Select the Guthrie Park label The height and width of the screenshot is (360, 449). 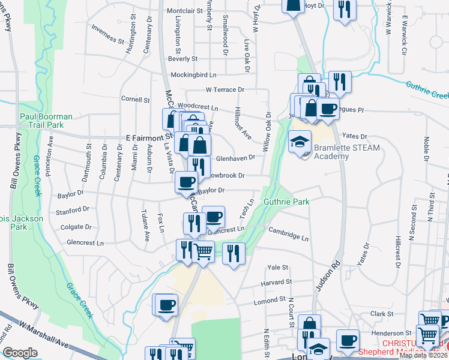pos(286,202)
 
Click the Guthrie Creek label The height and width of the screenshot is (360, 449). pos(427,90)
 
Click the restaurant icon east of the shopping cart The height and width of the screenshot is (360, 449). pos(234,252)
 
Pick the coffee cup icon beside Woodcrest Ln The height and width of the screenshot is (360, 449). pos(328,109)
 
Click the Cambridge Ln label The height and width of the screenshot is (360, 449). pos(288,233)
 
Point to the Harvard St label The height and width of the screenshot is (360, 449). pos(276,281)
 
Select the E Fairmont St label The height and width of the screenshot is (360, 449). pos(142,137)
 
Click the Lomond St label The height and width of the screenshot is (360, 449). pos(270,299)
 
